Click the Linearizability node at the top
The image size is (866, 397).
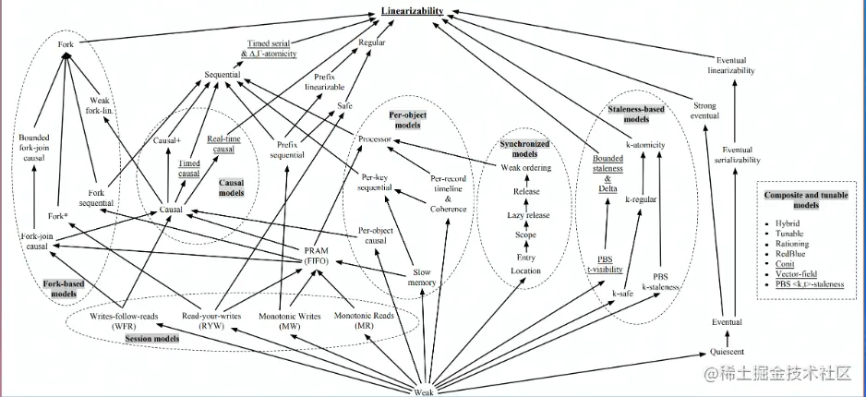[x=412, y=10]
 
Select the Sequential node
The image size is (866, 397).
[x=222, y=75]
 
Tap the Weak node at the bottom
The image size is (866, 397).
[x=424, y=392]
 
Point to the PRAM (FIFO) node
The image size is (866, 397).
[x=317, y=256]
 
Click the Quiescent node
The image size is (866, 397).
[x=728, y=352]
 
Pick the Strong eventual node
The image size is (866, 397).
[x=704, y=111]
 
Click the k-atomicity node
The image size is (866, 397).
[x=645, y=145]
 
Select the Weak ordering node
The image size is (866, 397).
[x=526, y=168]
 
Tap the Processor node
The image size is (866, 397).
[x=375, y=139]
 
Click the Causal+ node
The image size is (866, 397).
[x=167, y=140]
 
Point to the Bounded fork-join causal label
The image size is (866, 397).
[x=33, y=148]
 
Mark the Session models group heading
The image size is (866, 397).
[x=152, y=339]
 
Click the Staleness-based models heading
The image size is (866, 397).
[x=636, y=114]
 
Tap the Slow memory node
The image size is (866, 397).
[x=422, y=277]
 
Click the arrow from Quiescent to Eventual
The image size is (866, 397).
[x=727, y=337]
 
